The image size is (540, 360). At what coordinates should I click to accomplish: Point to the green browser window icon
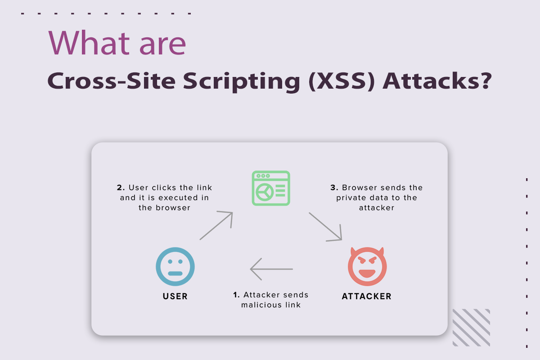270,188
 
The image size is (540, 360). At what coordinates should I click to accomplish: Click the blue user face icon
175,267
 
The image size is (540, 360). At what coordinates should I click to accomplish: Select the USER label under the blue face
175,296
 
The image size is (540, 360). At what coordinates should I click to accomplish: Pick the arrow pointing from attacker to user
271,270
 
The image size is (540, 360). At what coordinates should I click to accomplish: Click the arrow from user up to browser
216,225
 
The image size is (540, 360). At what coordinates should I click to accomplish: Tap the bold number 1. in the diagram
236,295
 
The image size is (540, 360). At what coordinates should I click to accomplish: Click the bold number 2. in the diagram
120,188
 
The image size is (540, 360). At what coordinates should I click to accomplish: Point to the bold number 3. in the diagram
333,188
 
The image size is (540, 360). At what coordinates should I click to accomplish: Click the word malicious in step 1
258,305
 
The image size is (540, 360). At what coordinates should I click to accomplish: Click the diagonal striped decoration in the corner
471,327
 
